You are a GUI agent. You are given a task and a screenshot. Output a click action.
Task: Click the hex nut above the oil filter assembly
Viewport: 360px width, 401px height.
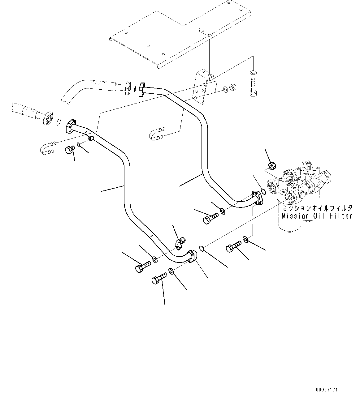click(271, 166)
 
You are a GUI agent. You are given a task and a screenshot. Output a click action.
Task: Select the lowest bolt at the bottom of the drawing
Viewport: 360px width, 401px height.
click(158, 279)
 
